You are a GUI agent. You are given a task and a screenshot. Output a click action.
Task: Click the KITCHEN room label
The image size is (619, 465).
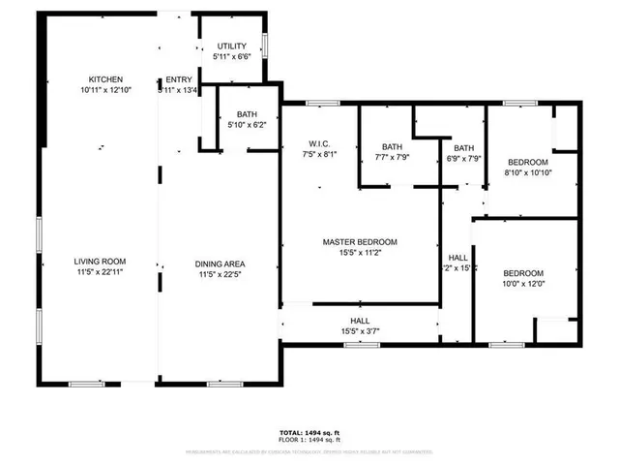pos(106,78)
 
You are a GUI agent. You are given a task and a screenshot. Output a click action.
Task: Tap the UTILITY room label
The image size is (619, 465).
pos(232,46)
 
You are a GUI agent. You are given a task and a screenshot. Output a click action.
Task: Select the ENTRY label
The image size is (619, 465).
pos(179,79)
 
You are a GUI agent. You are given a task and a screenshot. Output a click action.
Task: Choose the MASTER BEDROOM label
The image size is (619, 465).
pos(360,242)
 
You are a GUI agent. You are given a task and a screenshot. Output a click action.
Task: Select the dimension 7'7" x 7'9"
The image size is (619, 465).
pos(393,157)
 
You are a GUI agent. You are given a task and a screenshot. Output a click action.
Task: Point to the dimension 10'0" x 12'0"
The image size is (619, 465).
pos(522,284)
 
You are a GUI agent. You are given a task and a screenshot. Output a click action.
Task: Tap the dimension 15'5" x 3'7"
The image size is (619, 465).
pos(360,331)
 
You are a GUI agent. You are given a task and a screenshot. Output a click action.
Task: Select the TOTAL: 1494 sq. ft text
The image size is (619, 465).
pos(309,433)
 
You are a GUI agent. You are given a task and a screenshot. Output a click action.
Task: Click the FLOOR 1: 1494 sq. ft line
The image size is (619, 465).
pos(309,442)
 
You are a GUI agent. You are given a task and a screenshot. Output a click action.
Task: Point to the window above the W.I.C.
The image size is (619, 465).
pos(320,102)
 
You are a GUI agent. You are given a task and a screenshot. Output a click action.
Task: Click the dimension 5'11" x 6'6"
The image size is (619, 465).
pos(232,56)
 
